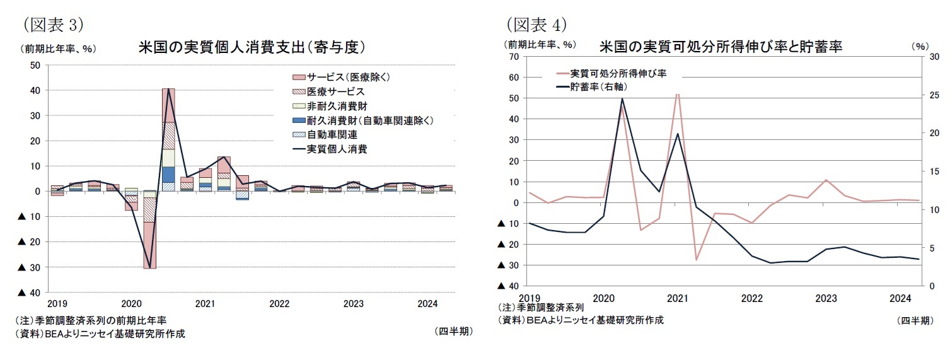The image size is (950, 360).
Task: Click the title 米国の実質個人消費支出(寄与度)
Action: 252,47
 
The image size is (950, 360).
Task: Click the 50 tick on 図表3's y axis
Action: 35,65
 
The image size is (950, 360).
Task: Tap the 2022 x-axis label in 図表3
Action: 279,304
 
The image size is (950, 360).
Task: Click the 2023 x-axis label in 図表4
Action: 826,298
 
